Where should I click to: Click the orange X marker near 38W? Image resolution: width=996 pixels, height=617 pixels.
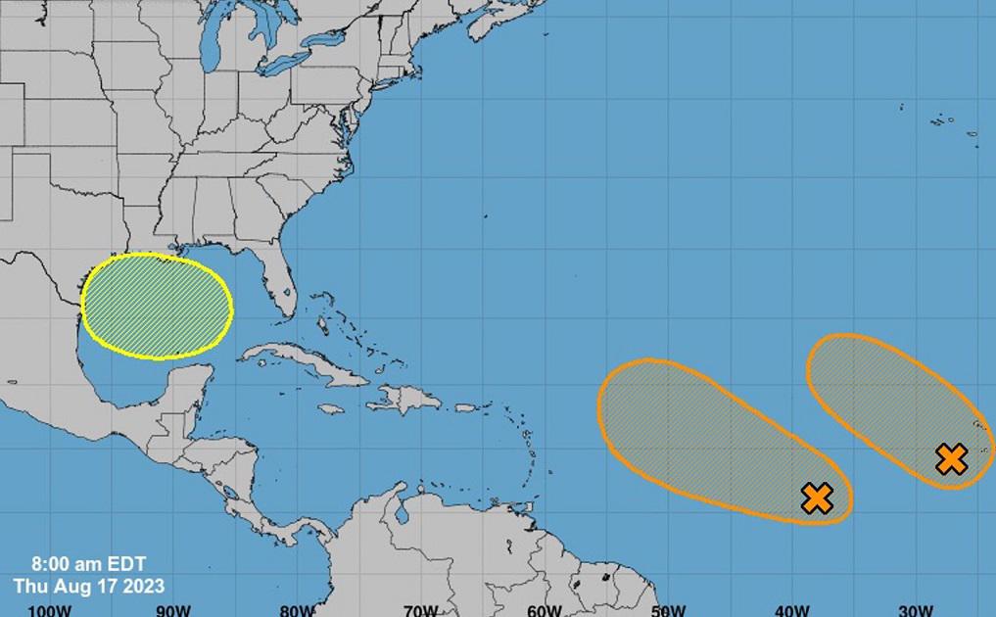pyautogui.click(x=817, y=498)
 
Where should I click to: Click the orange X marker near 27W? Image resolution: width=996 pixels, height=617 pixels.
pyautogui.click(x=951, y=458)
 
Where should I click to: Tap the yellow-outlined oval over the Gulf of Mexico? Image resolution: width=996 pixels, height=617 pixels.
pyautogui.click(x=157, y=306)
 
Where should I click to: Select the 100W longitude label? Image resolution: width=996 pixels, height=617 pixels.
pyautogui.click(x=50, y=609)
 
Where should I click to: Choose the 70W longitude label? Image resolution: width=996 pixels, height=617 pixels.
pyautogui.click(x=420, y=609)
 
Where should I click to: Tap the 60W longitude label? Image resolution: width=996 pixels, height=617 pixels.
pyautogui.click(x=544, y=609)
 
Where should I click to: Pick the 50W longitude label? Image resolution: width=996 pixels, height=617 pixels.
pyautogui.click(x=668, y=609)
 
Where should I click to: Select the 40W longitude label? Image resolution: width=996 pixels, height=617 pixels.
pyautogui.click(x=791, y=609)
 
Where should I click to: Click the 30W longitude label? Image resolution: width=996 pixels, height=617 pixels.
pyautogui.click(x=915, y=609)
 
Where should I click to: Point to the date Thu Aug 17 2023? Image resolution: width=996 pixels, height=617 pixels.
pyautogui.click(x=88, y=586)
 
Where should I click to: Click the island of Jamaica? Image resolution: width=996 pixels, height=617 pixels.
pyautogui.click(x=331, y=408)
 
